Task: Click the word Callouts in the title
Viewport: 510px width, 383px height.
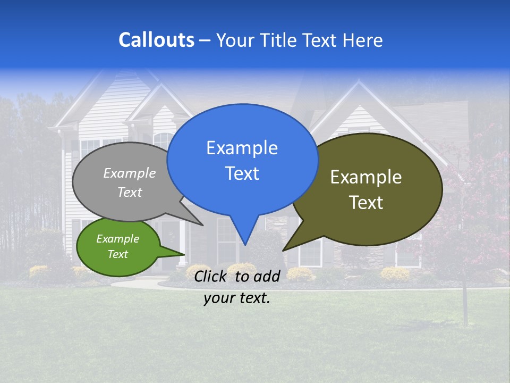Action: pyautogui.click(x=156, y=40)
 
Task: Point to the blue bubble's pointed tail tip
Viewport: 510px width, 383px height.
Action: pyautogui.click(x=244, y=245)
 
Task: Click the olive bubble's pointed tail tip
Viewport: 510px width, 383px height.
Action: pyautogui.click(x=283, y=250)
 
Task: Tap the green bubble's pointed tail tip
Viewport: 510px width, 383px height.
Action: pyautogui.click(x=184, y=254)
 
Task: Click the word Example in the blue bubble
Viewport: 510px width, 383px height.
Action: pyautogui.click(x=242, y=148)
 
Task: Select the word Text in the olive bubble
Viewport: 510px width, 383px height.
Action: pyautogui.click(x=366, y=203)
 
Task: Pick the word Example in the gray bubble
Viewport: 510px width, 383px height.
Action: pyautogui.click(x=130, y=173)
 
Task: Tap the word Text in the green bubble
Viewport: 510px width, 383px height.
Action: pyautogui.click(x=117, y=254)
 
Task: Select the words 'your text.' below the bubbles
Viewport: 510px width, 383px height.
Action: pyautogui.click(x=237, y=298)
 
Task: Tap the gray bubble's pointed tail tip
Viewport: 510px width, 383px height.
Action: pyautogui.click(x=202, y=225)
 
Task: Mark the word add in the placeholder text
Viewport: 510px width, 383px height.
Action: pyautogui.click(x=266, y=276)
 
